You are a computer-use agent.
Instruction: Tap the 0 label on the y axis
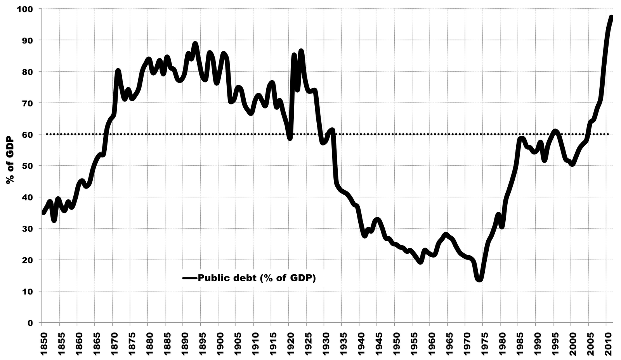[31, 322]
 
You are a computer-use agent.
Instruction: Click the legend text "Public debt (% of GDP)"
[257, 278]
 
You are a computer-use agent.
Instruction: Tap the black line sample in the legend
[190, 278]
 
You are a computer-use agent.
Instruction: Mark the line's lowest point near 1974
[479, 279]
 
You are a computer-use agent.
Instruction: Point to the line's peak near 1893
[195, 44]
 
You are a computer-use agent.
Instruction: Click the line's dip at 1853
[54, 220]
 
